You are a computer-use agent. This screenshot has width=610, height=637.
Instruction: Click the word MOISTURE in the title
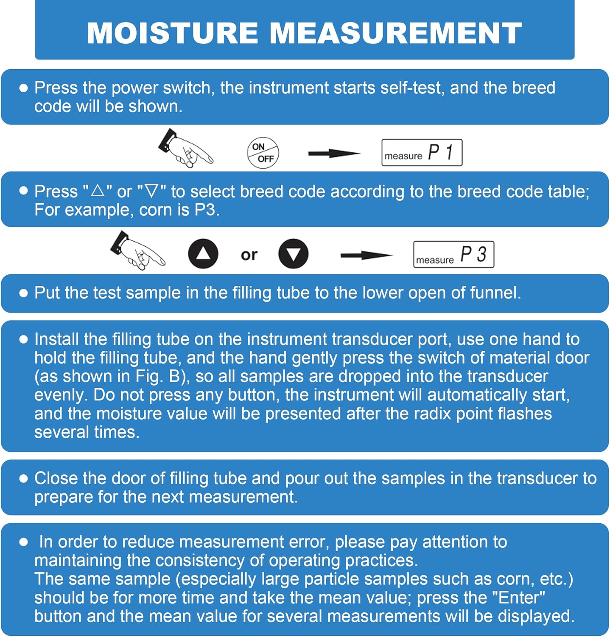[x=172, y=33]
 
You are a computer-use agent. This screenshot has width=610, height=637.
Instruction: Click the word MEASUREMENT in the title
[x=395, y=33]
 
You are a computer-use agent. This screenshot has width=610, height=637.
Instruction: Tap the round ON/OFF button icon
[x=263, y=153]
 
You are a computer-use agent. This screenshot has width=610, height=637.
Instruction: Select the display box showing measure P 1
[x=422, y=152]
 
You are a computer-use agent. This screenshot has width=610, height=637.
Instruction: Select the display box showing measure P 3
[x=453, y=254]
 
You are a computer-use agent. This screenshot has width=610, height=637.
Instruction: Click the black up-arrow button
[x=203, y=254]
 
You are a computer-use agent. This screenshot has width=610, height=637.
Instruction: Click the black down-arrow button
[x=293, y=254]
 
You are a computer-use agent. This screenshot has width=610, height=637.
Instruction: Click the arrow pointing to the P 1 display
[x=334, y=153]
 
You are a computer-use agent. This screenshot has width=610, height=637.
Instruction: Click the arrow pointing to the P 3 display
[x=367, y=255]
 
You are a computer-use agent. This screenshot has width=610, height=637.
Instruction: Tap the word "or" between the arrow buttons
[x=249, y=255]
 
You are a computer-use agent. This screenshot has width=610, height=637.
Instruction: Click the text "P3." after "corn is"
[x=207, y=210]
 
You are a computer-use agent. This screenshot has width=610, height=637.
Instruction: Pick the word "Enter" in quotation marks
[x=518, y=598]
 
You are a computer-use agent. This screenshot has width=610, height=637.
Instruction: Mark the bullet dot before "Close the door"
[x=24, y=479]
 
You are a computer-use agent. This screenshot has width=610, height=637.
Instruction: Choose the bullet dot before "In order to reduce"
[x=24, y=542]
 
